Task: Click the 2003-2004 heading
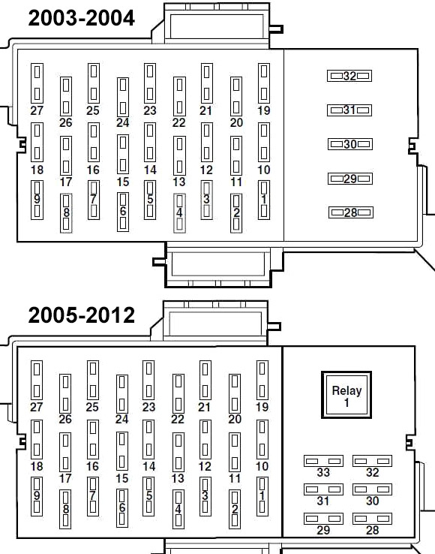point(81,18)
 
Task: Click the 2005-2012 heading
point(81,315)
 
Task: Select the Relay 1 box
point(346,395)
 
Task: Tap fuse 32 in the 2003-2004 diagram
point(349,76)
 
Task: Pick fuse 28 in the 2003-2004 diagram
point(350,212)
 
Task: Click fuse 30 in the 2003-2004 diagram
point(350,144)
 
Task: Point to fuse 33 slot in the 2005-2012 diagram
point(323,461)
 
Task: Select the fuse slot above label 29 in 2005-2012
point(323,519)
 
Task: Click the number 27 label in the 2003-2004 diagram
point(37,110)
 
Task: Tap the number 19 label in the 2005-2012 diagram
point(262,407)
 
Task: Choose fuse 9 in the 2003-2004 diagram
point(37,200)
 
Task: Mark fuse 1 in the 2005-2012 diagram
point(262,496)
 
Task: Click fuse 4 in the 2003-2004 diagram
point(179,213)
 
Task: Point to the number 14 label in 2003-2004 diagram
point(150,170)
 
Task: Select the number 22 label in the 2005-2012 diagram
point(178,419)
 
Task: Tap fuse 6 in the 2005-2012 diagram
point(121,508)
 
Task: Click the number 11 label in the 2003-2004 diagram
point(236,182)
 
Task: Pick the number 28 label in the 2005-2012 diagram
point(372,530)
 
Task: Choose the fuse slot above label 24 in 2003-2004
point(123,97)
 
